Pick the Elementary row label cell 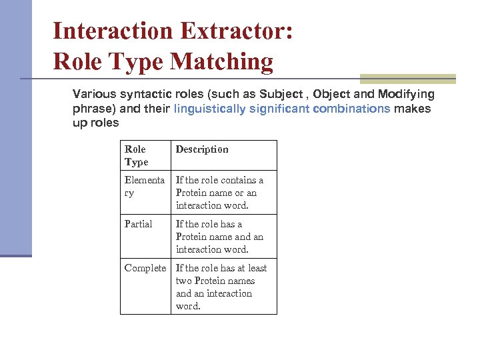point(144,186)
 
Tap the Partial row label point(139,224)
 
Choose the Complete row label point(145,268)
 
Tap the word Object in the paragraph point(331,94)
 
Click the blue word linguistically point(209,109)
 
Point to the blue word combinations point(350,109)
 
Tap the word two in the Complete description point(183,281)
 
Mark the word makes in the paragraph point(413,109)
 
